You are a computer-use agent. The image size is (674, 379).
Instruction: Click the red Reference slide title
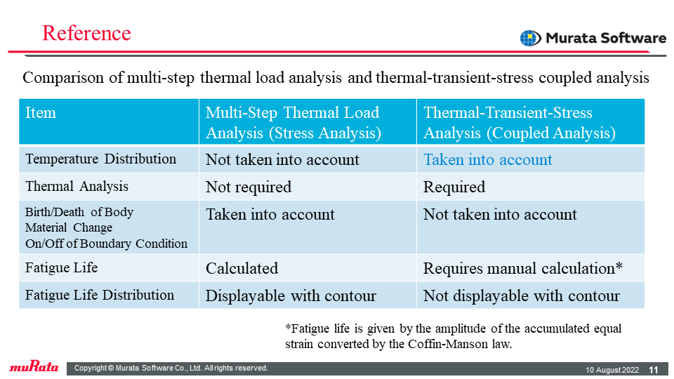pos(86,33)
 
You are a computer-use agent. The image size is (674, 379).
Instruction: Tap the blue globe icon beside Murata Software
pos(531,38)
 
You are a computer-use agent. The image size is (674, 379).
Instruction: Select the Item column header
pos(41,112)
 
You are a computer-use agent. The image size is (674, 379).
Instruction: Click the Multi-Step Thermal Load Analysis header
pos(293,122)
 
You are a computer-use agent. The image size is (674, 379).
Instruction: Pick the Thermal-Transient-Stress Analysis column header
pos(520,122)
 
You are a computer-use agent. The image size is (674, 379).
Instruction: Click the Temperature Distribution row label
pos(100,159)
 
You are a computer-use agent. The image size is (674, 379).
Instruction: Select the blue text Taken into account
pos(488,160)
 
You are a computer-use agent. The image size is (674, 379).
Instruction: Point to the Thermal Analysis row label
pos(77,187)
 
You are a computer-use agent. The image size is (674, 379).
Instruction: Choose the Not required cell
pos(249,187)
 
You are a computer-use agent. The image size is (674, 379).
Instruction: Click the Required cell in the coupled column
pos(454,187)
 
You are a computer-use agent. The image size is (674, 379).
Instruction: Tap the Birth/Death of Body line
pos(79,212)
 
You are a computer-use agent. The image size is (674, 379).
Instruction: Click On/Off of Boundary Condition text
pos(106,244)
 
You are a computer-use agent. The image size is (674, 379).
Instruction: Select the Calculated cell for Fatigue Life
pos(242,268)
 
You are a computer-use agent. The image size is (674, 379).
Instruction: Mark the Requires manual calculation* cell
pos(522,268)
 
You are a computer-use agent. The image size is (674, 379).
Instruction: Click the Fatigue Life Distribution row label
pos(99,295)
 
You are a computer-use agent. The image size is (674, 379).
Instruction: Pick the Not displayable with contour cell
pos(522,295)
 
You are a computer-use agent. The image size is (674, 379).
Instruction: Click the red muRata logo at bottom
pos(34,366)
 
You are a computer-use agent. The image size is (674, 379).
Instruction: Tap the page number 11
pos(654,370)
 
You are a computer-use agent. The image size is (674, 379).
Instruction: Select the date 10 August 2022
pos(612,370)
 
